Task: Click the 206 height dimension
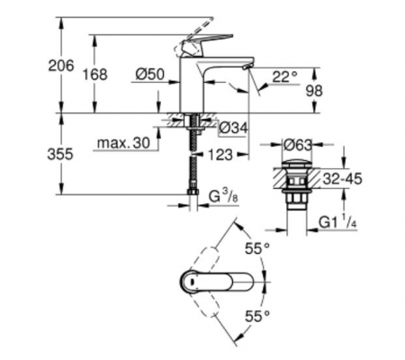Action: (61, 66)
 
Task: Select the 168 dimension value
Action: (94, 74)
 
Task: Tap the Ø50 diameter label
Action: (149, 74)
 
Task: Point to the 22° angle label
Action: (284, 76)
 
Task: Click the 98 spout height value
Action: (314, 91)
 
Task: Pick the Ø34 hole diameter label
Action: (233, 128)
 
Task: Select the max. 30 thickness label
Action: (123, 143)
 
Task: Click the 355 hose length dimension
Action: (60, 154)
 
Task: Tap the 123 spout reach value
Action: (220, 155)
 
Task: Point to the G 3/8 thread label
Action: (223, 197)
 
